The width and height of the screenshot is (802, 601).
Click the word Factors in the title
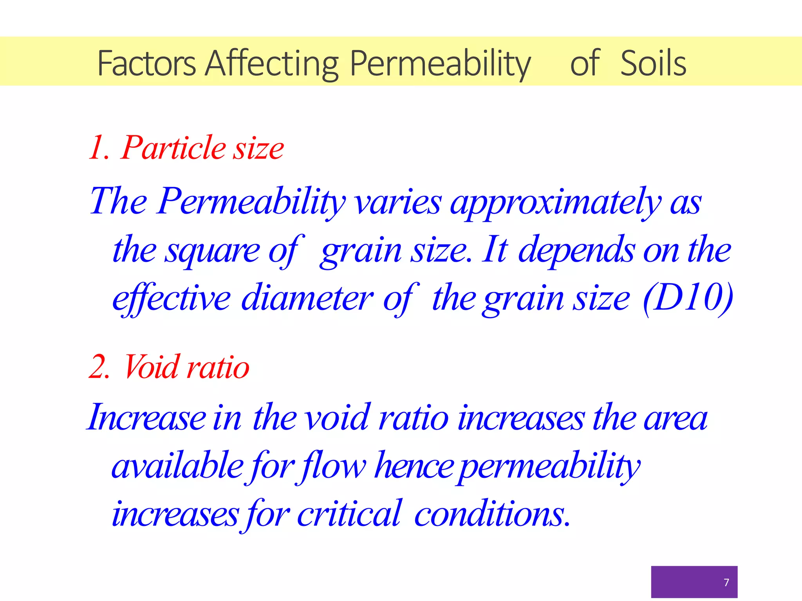[x=146, y=63]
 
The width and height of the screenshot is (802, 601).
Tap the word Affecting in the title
[x=272, y=63]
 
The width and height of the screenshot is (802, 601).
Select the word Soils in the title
[x=653, y=63]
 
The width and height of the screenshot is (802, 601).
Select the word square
[x=212, y=251]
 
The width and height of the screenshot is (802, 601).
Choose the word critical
[x=349, y=514]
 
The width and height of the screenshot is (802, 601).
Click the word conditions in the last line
[x=492, y=514]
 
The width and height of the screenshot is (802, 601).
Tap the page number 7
[x=726, y=583]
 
